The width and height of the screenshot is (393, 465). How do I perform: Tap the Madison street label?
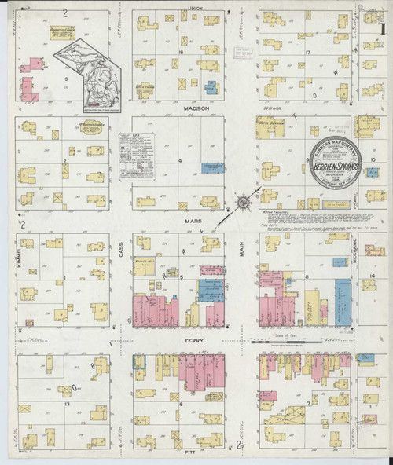196,108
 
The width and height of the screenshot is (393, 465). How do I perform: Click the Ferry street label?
194,342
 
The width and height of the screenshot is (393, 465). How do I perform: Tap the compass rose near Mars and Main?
244,203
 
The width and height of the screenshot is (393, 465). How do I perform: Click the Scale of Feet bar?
287,341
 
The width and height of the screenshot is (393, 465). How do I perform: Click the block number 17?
309,53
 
